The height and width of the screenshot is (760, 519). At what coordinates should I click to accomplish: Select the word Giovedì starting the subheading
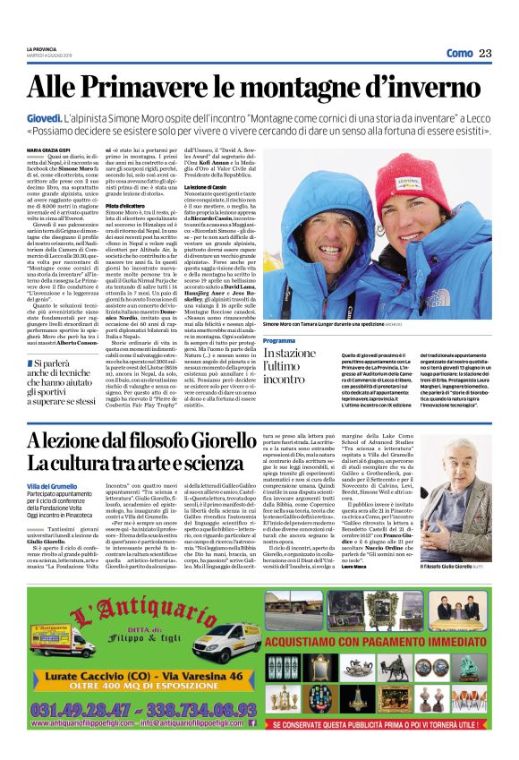point(44,118)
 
